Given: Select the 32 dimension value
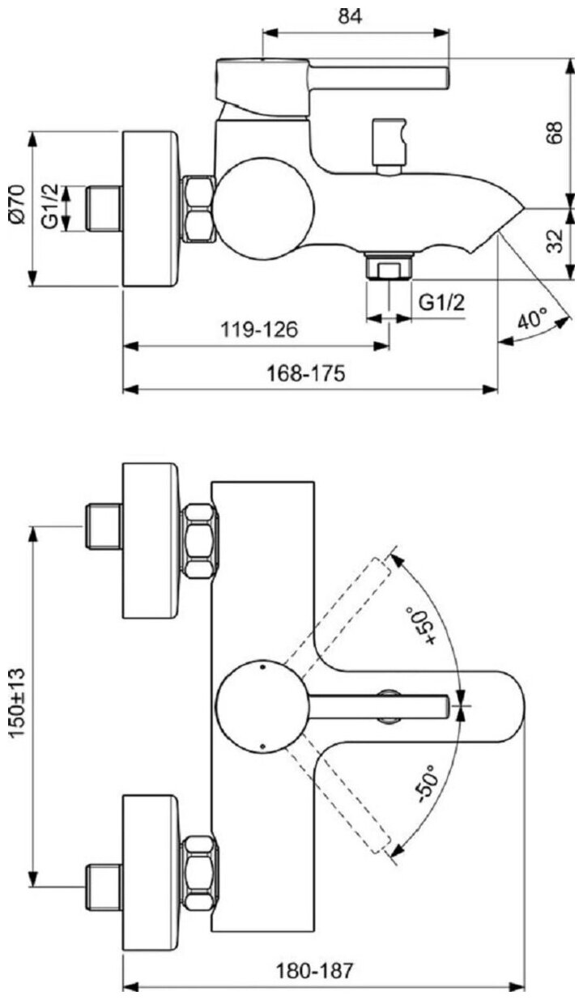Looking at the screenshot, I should (x=555, y=240).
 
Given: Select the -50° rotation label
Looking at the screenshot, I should (x=428, y=784).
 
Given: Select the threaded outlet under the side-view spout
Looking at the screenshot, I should (x=389, y=267).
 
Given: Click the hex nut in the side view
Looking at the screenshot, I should (x=198, y=210).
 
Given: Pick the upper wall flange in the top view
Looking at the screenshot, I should (x=150, y=541).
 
